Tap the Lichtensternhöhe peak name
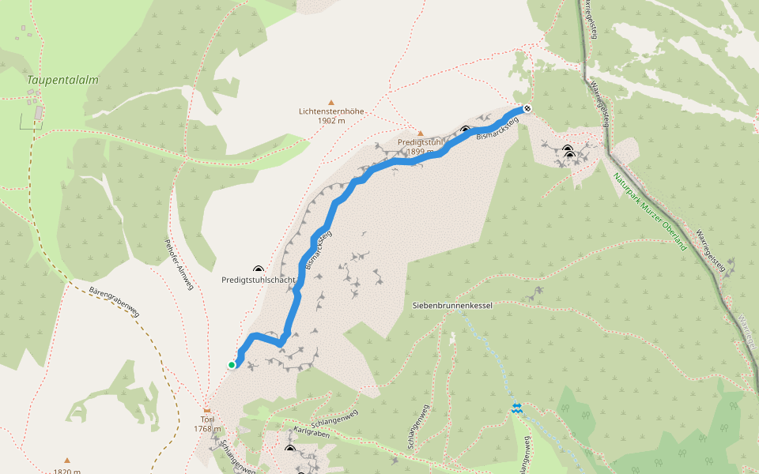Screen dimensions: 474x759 click(331, 111)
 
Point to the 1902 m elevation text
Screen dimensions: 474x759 click(331, 121)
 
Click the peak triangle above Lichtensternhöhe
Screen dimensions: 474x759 click(331, 102)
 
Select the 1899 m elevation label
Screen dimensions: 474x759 click(421, 151)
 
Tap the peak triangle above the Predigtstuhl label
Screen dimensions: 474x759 click(421, 133)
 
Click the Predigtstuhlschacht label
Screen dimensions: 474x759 click(259, 280)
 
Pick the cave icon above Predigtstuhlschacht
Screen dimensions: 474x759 click(258, 269)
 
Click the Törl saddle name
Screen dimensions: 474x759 click(207, 419)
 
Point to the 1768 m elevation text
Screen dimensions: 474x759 click(207, 429)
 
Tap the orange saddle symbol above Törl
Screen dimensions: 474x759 click(207, 410)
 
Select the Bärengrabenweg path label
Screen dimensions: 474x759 click(115, 302)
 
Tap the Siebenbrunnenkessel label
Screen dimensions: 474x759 click(453, 304)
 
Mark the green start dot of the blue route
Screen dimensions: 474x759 click(232, 364)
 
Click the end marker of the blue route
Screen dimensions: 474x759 click(527, 108)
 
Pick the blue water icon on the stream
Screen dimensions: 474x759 click(516, 408)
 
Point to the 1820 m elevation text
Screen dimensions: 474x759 click(67, 471)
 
